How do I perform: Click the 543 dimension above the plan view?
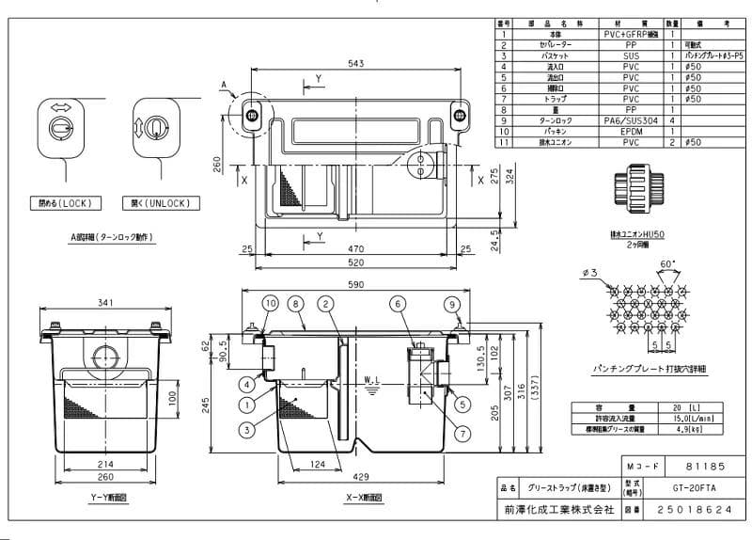click(x=356, y=63)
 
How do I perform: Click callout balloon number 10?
click(x=270, y=303)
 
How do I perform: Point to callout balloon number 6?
click(x=397, y=303)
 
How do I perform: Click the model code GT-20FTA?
click(x=670, y=489)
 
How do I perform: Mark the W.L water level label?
click(x=370, y=381)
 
